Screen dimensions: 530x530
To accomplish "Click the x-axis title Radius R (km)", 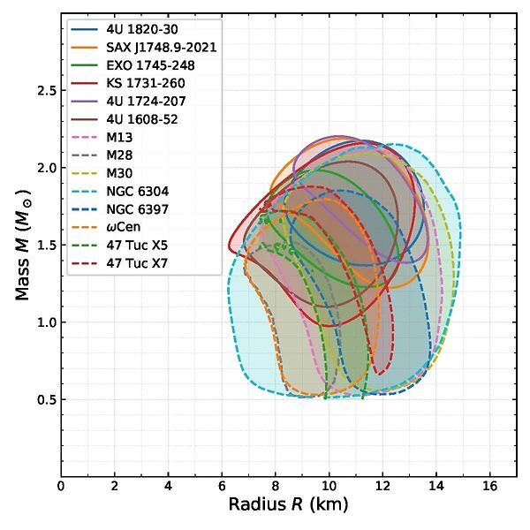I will (x=288, y=505).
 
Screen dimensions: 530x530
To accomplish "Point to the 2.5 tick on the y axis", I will (x=46, y=91).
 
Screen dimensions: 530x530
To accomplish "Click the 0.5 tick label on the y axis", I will (x=46, y=400).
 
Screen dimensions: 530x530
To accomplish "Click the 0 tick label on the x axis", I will (x=61, y=485).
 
